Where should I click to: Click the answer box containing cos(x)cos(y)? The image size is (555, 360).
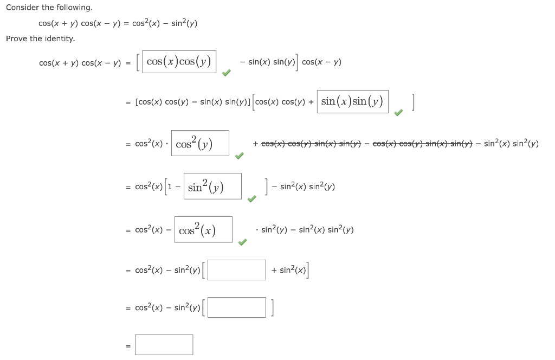coord(179,62)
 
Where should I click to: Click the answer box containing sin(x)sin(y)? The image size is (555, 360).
coord(352,101)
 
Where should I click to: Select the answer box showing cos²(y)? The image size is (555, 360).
coord(200,143)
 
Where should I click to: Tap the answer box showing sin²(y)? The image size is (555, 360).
coord(212,187)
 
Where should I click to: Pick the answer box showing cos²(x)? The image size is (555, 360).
coord(203,229)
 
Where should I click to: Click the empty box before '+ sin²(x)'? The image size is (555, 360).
coord(236,270)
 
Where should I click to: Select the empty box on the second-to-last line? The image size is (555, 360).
coord(236,307)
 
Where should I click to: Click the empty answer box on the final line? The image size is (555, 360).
coord(164,345)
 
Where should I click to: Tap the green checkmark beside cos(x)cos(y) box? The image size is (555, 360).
coord(227,73)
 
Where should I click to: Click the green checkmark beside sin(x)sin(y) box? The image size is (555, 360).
coord(398,112)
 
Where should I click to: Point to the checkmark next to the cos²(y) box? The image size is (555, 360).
coord(239,156)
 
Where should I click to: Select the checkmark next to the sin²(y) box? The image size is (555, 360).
coord(251,199)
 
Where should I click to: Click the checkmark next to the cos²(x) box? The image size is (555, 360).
coord(242,242)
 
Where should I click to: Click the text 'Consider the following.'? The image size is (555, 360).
coord(49,8)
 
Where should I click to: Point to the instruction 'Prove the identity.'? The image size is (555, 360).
coord(41,38)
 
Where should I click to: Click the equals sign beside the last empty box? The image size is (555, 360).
coord(128,345)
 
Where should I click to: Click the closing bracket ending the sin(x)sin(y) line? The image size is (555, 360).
coord(413,101)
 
